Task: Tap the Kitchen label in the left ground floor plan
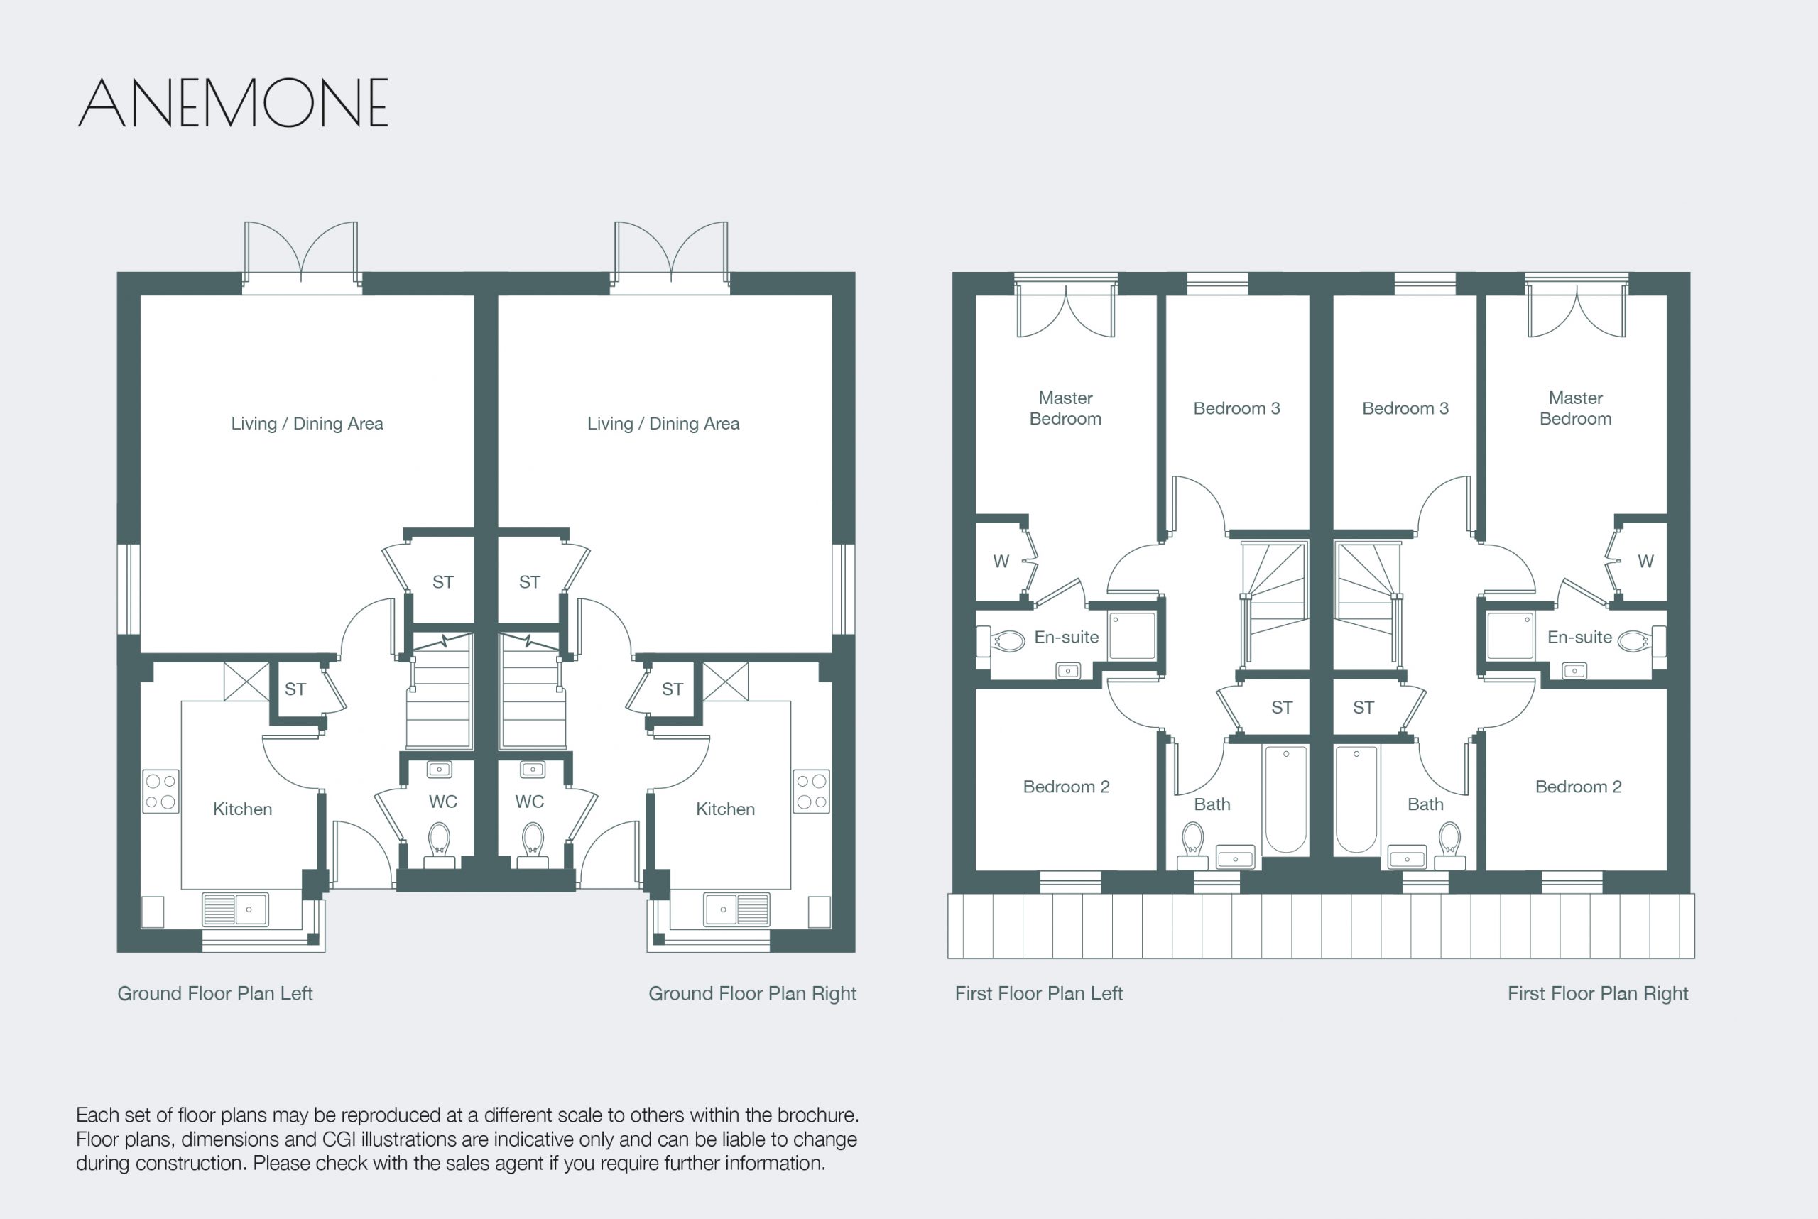click(243, 809)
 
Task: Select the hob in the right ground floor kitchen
click(811, 792)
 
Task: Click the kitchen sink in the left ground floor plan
click(235, 909)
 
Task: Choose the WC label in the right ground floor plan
click(530, 802)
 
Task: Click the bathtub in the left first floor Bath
click(1286, 799)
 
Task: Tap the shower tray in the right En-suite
click(1509, 636)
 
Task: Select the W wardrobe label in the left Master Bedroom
click(1001, 562)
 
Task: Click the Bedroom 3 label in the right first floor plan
click(1405, 408)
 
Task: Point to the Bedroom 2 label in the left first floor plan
click(1066, 787)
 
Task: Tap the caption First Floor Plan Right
click(1598, 993)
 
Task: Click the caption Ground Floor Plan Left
click(214, 993)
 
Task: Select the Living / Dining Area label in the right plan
click(663, 424)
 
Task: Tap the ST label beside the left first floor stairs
click(1281, 707)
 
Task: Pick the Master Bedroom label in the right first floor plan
click(1575, 408)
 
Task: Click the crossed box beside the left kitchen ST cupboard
click(246, 682)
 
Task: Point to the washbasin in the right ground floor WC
click(533, 770)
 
